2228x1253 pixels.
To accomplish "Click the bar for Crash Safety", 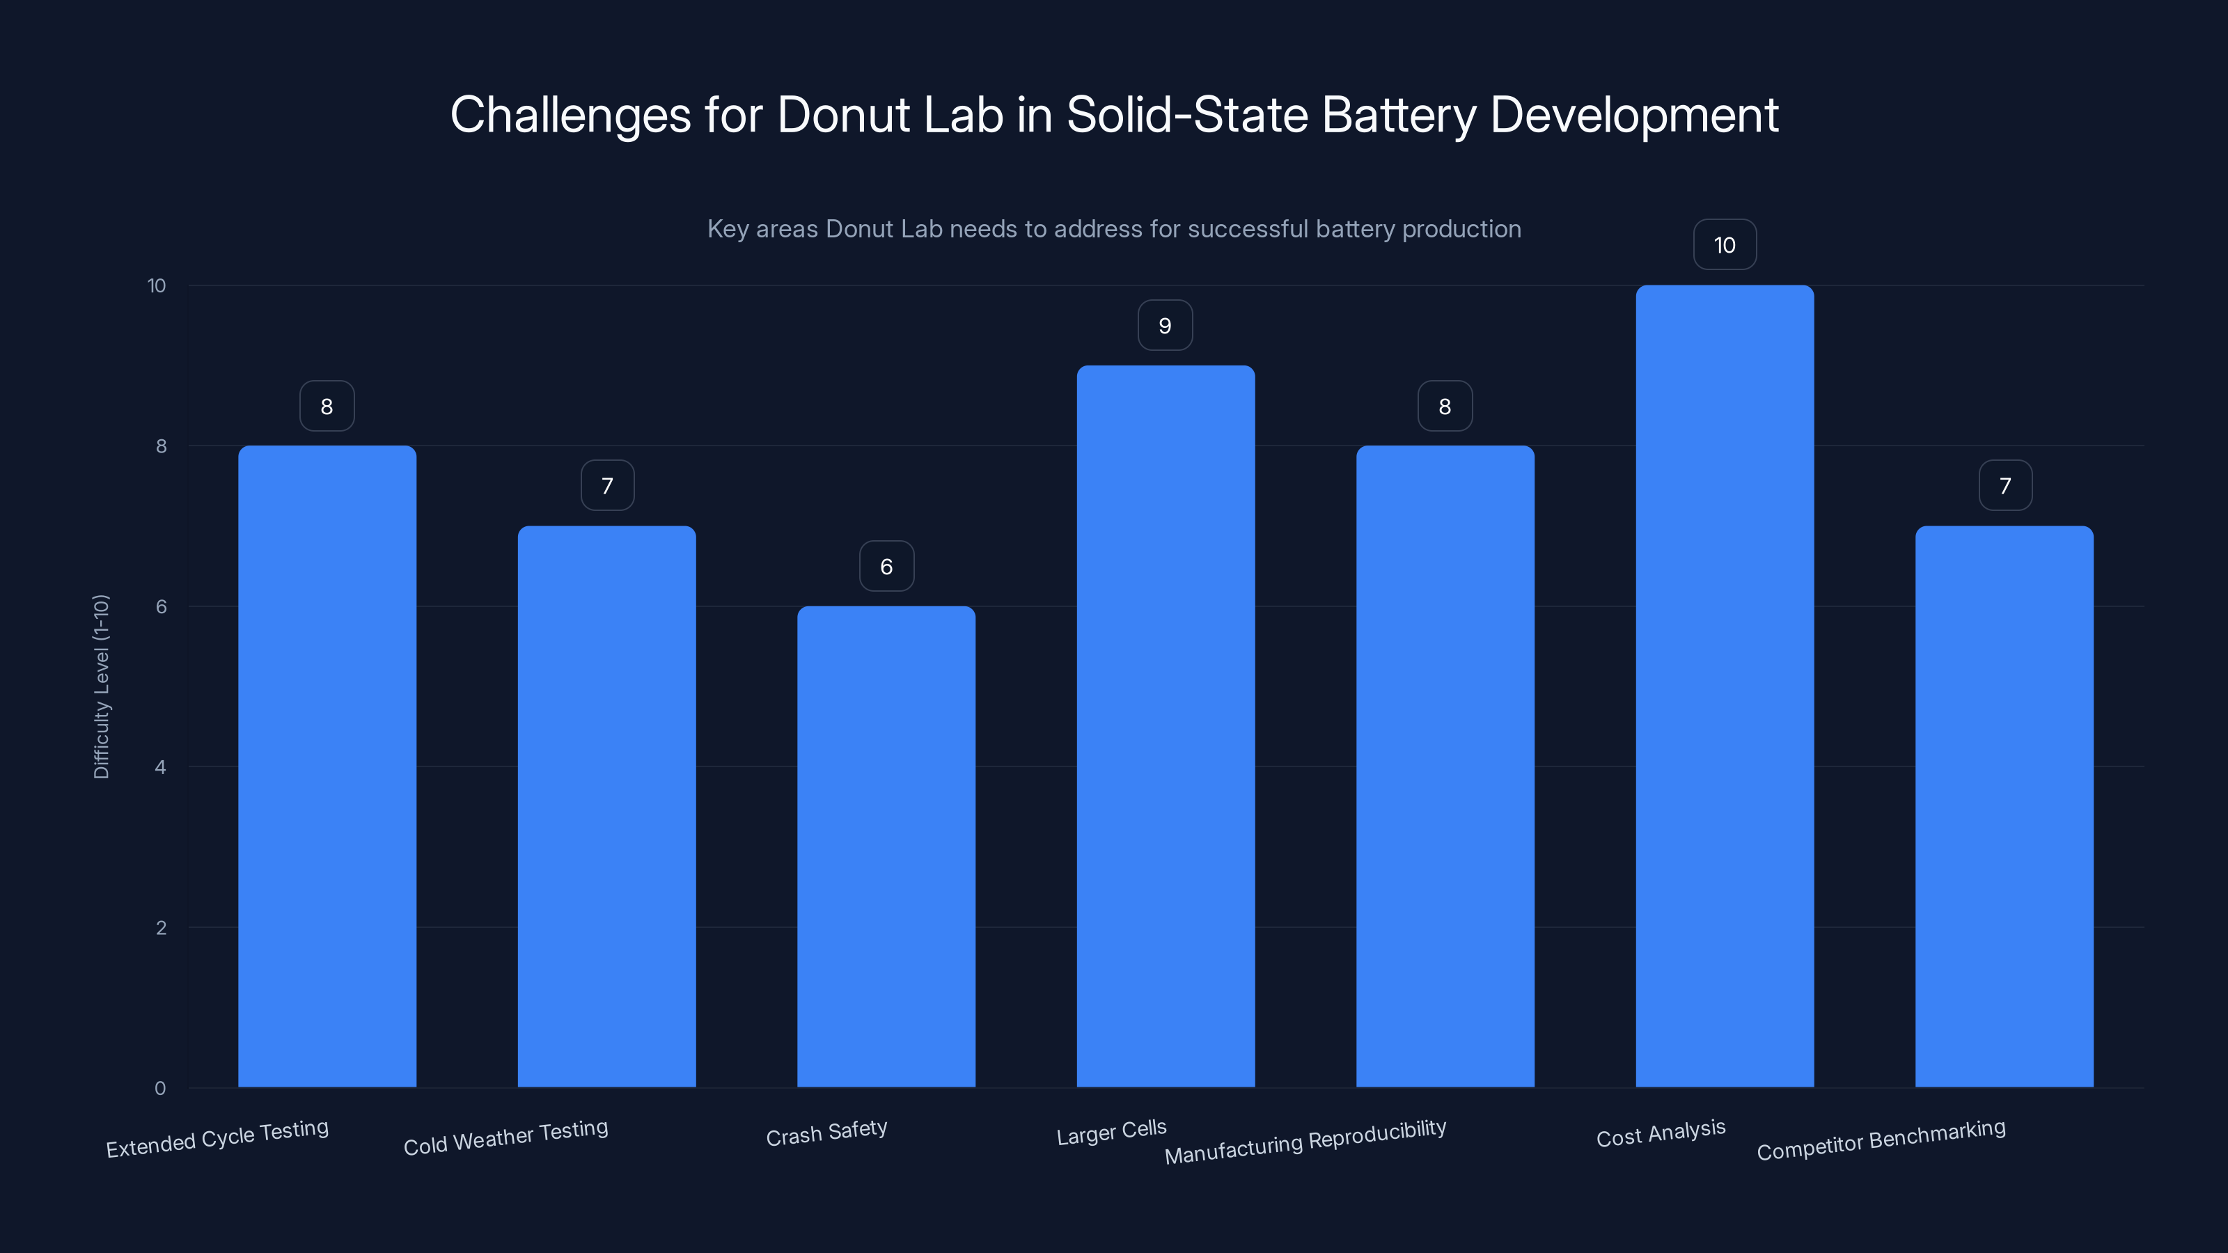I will click(x=886, y=847).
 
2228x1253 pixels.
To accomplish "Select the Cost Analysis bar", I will click(x=1724, y=688).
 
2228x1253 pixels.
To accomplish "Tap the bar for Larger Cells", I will click(x=1165, y=726).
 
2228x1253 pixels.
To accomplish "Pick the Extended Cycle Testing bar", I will click(x=327, y=767).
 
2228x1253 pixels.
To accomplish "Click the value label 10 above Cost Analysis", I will click(x=1724, y=245).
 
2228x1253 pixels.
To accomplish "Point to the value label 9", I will click(x=1165, y=325).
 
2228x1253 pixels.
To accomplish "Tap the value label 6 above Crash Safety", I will click(x=886, y=567).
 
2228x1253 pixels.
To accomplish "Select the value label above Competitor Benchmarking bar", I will click(x=2005, y=486).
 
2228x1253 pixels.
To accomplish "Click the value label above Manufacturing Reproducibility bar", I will click(x=1445, y=406).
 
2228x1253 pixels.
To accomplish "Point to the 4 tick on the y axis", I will click(x=160, y=767).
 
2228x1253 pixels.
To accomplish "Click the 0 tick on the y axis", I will click(x=160, y=1088).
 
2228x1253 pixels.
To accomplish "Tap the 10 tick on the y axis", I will click(x=157, y=285).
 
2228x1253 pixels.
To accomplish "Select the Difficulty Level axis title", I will click(x=101, y=686).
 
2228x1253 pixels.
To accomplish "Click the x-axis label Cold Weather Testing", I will click(x=506, y=1137).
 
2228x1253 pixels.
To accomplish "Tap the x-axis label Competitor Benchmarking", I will click(x=1881, y=1139).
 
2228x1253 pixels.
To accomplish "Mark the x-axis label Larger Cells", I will click(x=1111, y=1132).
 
